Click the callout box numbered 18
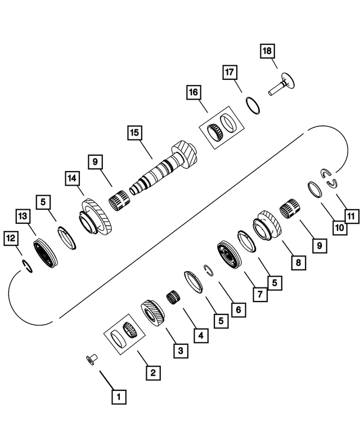pos(267,52)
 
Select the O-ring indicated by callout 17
pos(253,105)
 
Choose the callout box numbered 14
pos(71,179)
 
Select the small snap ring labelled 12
pos(26,264)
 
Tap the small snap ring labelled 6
pos(209,270)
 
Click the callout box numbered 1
pos(119,397)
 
